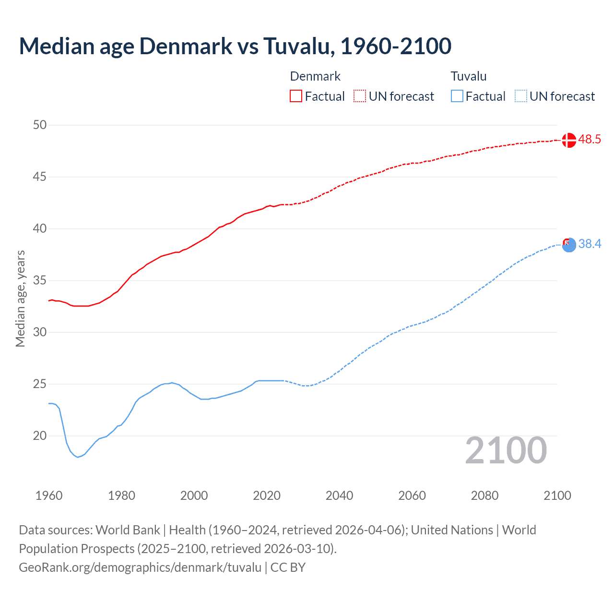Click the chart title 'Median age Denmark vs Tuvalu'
pyautogui.click(x=235, y=46)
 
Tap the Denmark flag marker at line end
pyautogui.click(x=568, y=140)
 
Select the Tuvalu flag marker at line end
pyautogui.click(x=568, y=245)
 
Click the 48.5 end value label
pyautogui.click(x=590, y=140)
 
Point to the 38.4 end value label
pyautogui.click(x=590, y=244)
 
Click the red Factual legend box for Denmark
pyautogui.click(x=296, y=96)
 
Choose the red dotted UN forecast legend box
pyautogui.click(x=360, y=96)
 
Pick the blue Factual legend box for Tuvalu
pyautogui.click(x=457, y=96)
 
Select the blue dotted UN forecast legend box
pyautogui.click(x=520, y=96)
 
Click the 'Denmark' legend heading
pyautogui.click(x=315, y=76)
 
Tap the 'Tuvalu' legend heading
pyautogui.click(x=469, y=76)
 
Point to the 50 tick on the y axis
pyautogui.click(x=40, y=125)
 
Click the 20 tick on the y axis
pyautogui.click(x=40, y=436)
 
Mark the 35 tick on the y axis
pyautogui.click(x=40, y=281)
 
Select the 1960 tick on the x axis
pyautogui.click(x=49, y=496)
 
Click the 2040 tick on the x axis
pyautogui.click(x=339, y=496)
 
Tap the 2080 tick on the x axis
pyautogui.click(x=484, y=496)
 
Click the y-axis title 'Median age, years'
pyautogui.click(x=20, y=298)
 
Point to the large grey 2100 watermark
pyautogui.click(x=506, y=450)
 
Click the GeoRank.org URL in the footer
pyautogui.click(x=140, y=567)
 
